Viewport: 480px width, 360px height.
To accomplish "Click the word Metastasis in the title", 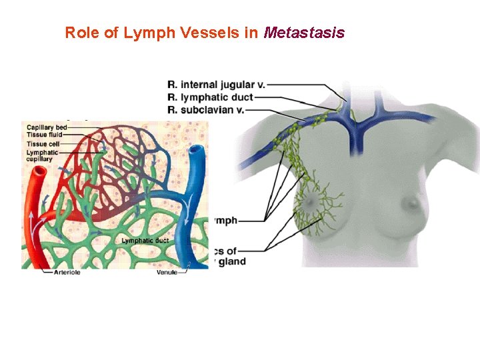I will point(304,33).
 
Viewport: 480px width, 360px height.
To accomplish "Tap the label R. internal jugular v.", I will point(216,85).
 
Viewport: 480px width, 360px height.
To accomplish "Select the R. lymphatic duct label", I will point(210,97).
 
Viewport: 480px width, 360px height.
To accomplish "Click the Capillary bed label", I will point(46,127).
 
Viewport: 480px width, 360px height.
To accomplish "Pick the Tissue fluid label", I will point(44,134).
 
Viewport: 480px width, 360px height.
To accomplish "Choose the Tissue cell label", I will point(43,143).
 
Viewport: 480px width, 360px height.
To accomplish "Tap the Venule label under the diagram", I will point(167,272).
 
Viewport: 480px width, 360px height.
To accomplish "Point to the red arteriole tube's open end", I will point(39,171).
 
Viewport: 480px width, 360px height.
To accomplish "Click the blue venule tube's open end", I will point(197,151).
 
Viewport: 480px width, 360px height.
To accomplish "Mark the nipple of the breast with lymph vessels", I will point(311,201).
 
